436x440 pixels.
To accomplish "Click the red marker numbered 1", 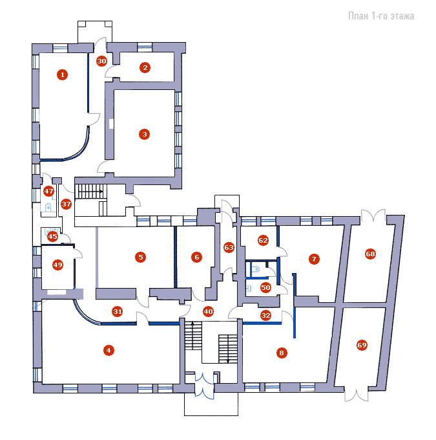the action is click(62, 74).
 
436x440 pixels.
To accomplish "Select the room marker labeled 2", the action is click(145, 67).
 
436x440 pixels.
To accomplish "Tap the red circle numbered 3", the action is click(144, 134).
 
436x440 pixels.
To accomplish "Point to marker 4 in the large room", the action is click(109, 350).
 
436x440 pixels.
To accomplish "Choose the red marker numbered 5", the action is click(140, 257).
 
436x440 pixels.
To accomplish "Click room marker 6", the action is click(196, 257).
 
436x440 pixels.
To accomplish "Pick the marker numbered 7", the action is click(314, 259).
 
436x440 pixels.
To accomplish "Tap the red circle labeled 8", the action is click(282, 353).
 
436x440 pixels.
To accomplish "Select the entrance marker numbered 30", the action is click(101, 61).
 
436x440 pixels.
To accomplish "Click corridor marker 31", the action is click(118, 311).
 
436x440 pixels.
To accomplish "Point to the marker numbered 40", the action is click(208, 311).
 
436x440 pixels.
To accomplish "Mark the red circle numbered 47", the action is click(48, 192).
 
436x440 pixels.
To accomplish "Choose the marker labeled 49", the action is click(57, 265).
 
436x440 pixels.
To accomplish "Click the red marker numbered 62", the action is click(263, 240).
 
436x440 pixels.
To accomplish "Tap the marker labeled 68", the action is click(370, 254).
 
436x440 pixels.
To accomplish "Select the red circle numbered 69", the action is click(362, 345).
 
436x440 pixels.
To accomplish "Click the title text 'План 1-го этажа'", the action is click(381, 16).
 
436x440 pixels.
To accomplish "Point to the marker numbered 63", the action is click(229, 247).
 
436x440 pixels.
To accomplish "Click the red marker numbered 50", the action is click(265, 287).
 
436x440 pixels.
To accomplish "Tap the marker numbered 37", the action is click(66, 204).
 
